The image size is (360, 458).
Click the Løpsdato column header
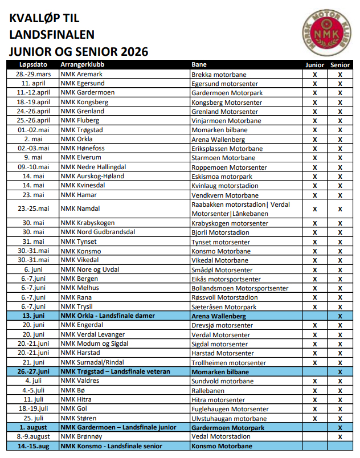[33, 65]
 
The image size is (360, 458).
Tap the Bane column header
[199, 65]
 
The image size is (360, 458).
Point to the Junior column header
[314, 65]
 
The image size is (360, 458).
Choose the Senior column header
[340, 65]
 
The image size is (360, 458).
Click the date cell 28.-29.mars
[33, 75]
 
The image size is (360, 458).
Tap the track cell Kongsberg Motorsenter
[227, 103]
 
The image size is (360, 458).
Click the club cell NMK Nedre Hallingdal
[93, 167]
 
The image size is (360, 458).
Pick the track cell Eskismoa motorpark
[222, 177]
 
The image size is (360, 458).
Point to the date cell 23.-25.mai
[33, 208]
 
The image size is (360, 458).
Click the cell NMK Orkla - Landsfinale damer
[108, 316]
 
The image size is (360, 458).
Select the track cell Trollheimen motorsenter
[229, 362]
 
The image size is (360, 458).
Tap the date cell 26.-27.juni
[33, 371]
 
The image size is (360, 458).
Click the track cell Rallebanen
[208, 390]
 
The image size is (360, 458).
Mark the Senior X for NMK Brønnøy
[340, 437]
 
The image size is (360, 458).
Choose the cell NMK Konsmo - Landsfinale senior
[111, 446]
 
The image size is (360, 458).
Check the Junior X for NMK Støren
[314, 418]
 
